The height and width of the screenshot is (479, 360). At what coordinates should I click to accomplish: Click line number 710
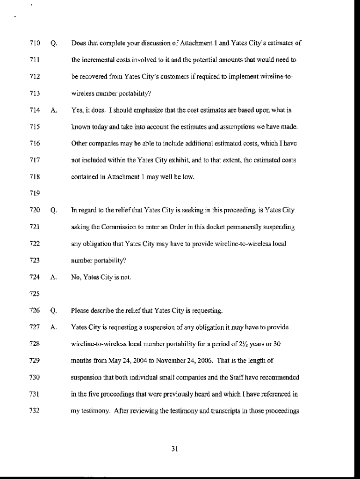[x=35, y=44]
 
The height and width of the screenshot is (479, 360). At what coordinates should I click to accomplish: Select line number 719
[x=35, y=193]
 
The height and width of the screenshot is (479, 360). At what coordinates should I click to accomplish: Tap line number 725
[x=35, y=294]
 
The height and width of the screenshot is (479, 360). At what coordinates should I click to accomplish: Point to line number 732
[x=35, y=410]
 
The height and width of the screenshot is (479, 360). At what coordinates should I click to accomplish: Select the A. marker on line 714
[x=53, y=110]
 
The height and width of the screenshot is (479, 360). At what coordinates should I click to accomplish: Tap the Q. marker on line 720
[x=53, y=210]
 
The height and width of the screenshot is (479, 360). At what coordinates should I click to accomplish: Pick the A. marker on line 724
[x=53, y=277]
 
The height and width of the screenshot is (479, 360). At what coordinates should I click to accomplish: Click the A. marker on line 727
[x=53, y=327]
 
